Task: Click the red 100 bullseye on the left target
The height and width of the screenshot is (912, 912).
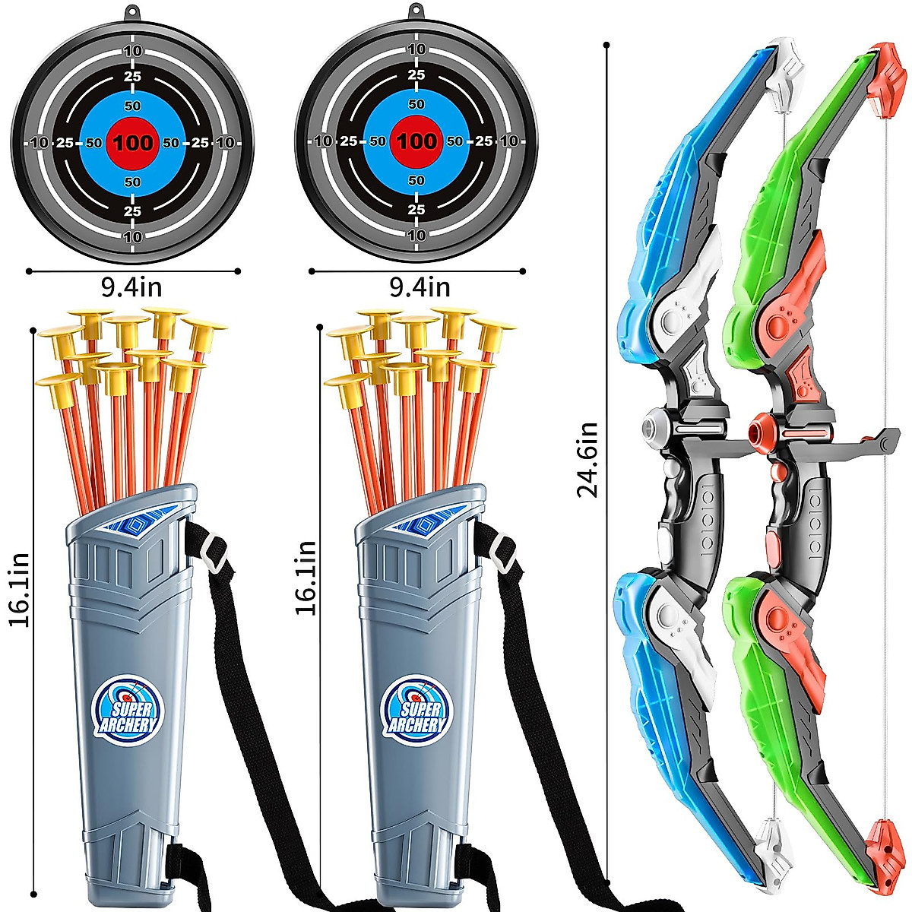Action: coord(133,141)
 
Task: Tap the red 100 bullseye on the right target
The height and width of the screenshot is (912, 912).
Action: coord(416,141)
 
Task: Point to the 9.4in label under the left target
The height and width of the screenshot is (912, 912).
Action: coord(131,288)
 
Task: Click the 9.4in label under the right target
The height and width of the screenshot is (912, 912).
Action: coord(420,288)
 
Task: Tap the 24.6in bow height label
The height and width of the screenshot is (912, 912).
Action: coord(588,459)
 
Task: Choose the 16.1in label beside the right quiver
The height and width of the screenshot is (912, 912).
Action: coord(306,578)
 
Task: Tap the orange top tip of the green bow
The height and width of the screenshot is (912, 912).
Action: coord(885,80)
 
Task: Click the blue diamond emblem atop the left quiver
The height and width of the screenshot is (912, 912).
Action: coord(139,523)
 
